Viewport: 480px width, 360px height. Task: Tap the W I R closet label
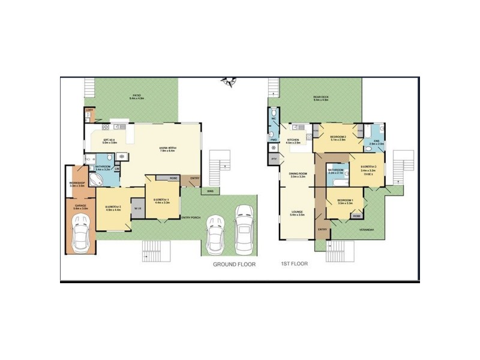pyautogui.click(x=138, y=208)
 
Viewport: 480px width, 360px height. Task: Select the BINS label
pyautogui.click(x=210, y=191)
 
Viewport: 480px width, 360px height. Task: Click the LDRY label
pyautogui.click(x=88, y=110)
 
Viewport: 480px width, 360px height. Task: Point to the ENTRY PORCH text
pyautogui.click(x=190, y=217)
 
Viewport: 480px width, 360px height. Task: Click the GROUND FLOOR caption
pyautogui.click(x=234, y=264)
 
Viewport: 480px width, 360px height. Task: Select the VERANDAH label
pyautogui.click(x=367, y=229)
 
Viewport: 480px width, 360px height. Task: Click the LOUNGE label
pyautogui.click(x=297, y=211)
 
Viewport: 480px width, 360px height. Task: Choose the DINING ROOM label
pyautogui.click(x=298, y=173)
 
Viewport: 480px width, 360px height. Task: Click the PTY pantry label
pyautogui.click(x=274, y=158)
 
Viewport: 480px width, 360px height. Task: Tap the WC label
pyautogui.click(x=273, y=118)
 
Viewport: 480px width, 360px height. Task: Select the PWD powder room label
pyautogui.click(x=273, y=141)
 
